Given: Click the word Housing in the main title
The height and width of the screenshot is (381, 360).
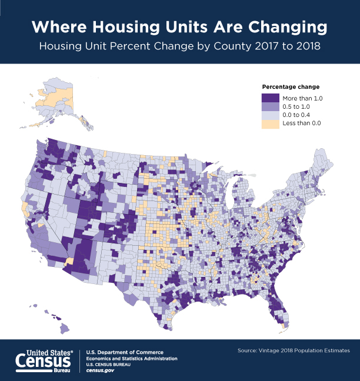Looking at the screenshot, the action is click(126, 26).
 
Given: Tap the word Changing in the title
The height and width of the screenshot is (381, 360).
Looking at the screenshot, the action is click(288, 27).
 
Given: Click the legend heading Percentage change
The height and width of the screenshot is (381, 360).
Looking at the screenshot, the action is click(291, 87).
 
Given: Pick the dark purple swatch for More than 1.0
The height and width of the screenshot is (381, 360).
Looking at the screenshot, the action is click(271, 98).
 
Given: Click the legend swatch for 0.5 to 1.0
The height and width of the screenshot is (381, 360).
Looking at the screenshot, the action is click(271, 106).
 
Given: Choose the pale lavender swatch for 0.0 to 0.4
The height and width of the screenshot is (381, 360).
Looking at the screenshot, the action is click(271, 115).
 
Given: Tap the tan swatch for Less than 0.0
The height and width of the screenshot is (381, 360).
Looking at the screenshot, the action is click(271, 124).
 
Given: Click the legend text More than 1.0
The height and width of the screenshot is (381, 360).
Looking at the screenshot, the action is click(302, 98).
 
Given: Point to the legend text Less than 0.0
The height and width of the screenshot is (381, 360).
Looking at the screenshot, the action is click(302, 123).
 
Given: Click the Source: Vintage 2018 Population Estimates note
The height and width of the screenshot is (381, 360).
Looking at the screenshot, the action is click(294, 350).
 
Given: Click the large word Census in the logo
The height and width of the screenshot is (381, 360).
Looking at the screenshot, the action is click(43, 361).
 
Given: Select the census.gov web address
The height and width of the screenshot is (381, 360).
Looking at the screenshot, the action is click(100, 370).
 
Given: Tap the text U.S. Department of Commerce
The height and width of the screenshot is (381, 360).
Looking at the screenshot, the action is click(125, 352).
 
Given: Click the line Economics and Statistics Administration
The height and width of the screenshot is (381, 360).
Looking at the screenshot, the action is click(132, 359).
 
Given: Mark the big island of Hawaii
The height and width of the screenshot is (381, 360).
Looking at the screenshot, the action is click(65, 329).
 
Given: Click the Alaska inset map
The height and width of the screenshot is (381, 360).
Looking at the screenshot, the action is click(55, 102).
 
